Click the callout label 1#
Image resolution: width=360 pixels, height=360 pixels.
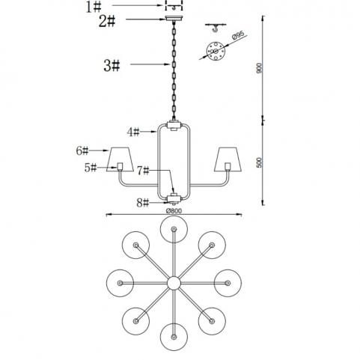point(94,7)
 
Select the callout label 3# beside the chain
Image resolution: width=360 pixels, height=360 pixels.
point(112,66)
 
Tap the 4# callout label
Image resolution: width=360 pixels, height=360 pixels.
point(133,132)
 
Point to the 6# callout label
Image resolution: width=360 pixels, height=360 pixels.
point(82,150)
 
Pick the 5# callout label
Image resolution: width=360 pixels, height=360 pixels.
point(91,168)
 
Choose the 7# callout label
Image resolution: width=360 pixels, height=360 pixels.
point(143,171)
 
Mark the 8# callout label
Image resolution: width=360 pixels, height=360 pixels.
point(143,203)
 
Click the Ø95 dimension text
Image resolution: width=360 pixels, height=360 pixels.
point(238,35)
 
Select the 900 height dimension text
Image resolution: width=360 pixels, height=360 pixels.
point(260,68)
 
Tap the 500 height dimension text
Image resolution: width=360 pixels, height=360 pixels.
point(260,162)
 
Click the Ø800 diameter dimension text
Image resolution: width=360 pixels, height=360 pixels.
point(174,211)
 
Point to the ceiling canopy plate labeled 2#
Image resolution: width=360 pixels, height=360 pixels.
point(174,19)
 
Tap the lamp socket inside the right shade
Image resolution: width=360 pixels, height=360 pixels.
point(228,166)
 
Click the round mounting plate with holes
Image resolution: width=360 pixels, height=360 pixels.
point(216,51)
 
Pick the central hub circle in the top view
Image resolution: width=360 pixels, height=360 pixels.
point(174,283)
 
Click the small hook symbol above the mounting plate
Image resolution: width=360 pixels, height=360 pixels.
point(215,28)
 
